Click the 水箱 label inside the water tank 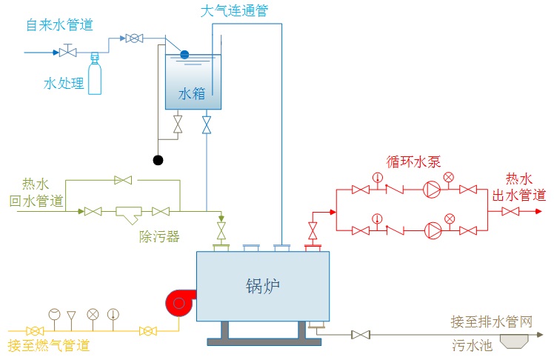[191, 94]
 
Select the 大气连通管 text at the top [234, 11]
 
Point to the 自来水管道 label [59, 25]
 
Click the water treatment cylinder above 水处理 [95, 76]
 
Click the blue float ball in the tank [184, 54]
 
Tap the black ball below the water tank [158, 159]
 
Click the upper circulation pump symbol [431, 190]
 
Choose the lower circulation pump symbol [431, 230]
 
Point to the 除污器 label [159, 237]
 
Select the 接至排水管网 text [491, 321]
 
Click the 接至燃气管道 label [48, 345]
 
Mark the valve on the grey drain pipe [361, 336]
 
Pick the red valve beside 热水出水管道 [510, 211]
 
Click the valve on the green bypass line [123, 179]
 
